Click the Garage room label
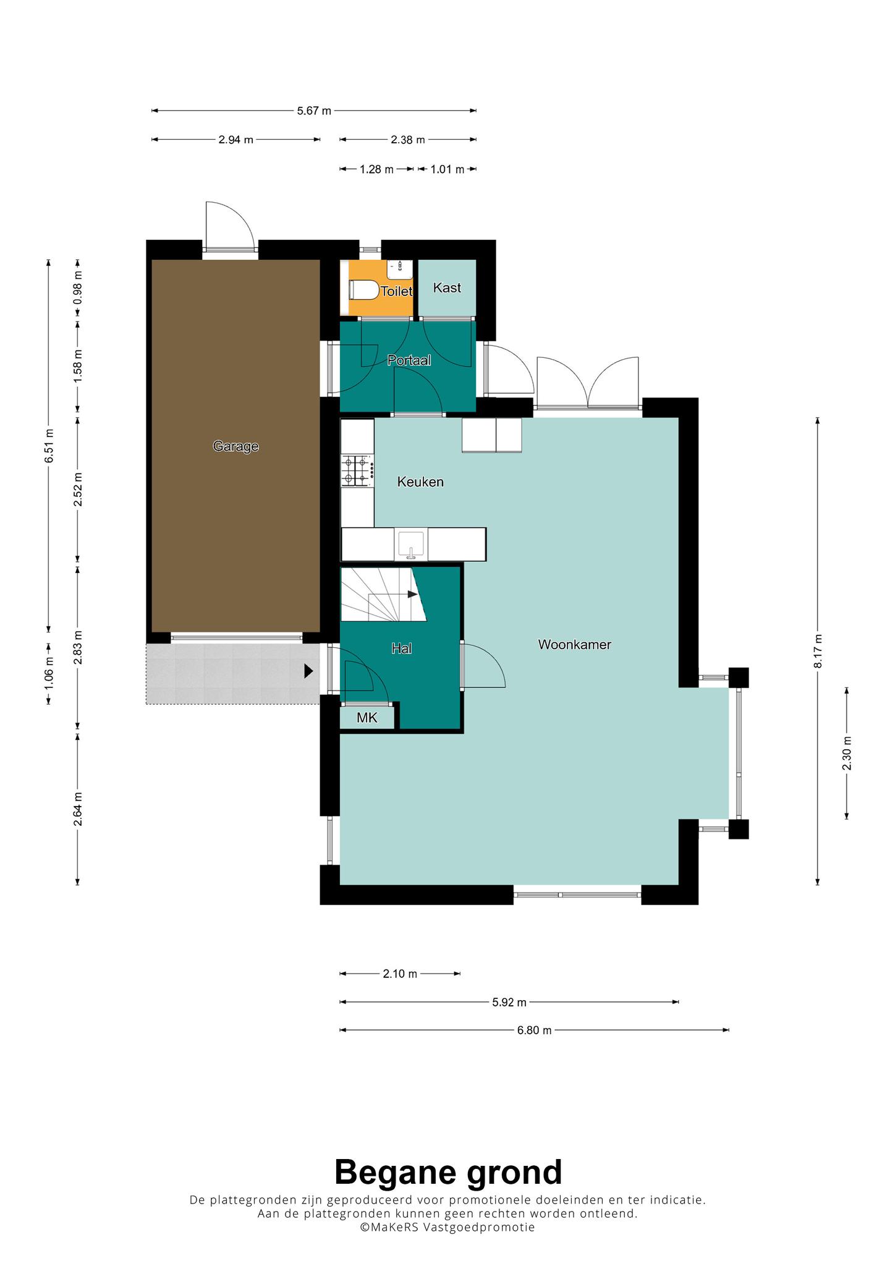pyautogui.click(x=235, y=446)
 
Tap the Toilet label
pyautogui.click(x=396, y=291)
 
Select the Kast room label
pyautogui.click(x=447, y=287)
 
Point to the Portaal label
pyautogui.click(x=409, y=360)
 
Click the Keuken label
pyautogui.click(x=420, y=482)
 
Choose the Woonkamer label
pyautogui.click(x=574, y=644)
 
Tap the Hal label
pyautogui.click(x=401, y=648)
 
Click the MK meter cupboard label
pyautogui.click(x=367, y=718)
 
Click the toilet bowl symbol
pyautogui.click(x=363, y=289)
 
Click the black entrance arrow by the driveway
pyautogui.click(x=308, y=671)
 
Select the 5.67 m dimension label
pyautogui.click(x=314, y=111)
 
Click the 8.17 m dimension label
pyautogui.click(x=818, y=651)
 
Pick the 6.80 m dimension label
pyautogui.click(x=535, y=1030)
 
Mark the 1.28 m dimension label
pyautogui.click(x=376, y=169)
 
